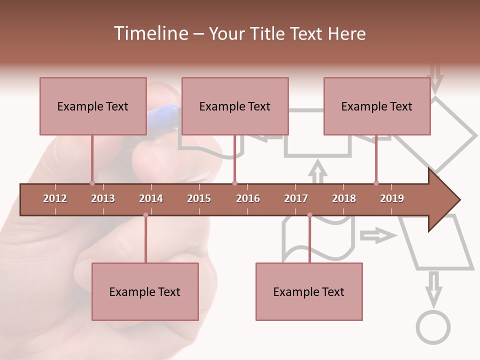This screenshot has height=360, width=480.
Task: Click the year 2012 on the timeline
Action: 55,198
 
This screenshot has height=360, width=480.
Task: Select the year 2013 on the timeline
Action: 103,198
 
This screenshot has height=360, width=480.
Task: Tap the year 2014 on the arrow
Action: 151,198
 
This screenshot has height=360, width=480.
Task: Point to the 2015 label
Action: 199,198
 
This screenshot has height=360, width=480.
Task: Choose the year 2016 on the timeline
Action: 248,198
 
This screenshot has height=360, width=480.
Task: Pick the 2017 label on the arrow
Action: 296,198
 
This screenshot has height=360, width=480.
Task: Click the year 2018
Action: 344,198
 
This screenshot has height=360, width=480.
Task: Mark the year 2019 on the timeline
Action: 392,198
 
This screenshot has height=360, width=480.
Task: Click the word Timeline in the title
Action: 150,33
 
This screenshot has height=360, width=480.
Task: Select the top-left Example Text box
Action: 93,106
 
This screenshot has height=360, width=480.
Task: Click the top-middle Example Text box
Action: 235,106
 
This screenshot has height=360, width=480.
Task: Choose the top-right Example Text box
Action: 377,106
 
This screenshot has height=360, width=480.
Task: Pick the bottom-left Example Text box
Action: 145,291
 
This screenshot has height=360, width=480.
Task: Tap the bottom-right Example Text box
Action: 309,291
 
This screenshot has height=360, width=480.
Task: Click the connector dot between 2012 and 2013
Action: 92,183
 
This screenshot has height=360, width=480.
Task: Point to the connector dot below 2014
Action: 145,215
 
